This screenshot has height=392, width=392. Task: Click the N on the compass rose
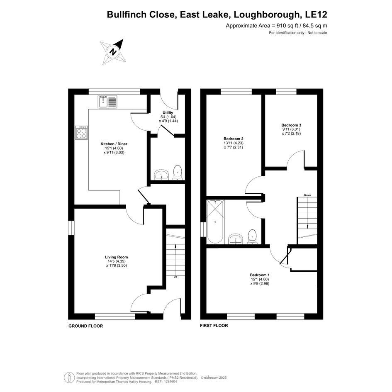(x=114, y=52)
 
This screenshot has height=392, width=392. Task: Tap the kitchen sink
(x=107, y=102)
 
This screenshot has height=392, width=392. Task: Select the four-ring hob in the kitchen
(x=81, y=132)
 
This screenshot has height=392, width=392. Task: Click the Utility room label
(x=168, y=113)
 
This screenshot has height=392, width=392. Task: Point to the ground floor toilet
(x=178, y=172)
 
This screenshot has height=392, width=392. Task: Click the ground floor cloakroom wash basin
(x=161, y=175)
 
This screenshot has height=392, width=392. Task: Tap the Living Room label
(x=117, y=257)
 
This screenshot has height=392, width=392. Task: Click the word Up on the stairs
(x=175, y=277)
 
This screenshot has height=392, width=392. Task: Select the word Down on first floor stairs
(x=307, y=195)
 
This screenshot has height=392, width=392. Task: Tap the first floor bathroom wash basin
(x=236, y=239)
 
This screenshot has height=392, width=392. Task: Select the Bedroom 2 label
(x=234, y=139)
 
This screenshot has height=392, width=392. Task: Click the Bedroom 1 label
(x=260, y=275)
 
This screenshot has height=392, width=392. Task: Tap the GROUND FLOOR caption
(x=86, y=326)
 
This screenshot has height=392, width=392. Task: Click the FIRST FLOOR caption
(x=214, y=326)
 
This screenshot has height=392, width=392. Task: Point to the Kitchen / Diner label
(x=114, y=144)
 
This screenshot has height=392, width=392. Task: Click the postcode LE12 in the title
(x=316, y=15)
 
